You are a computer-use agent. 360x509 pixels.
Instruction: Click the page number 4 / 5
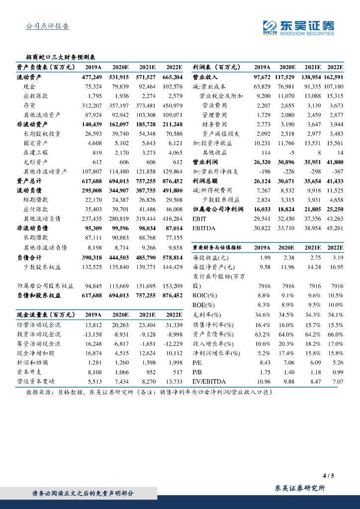(328, 476)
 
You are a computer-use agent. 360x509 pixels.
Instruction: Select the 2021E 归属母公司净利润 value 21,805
(310, 209)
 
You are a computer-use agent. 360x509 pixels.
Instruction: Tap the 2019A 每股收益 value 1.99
(265, 257)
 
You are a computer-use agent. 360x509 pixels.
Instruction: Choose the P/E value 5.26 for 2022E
(338, 362)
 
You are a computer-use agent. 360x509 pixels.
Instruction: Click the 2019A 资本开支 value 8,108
(93, 371)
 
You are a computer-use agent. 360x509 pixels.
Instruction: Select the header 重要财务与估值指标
(217, 247)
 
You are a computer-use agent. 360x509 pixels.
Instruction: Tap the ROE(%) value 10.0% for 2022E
(336, 305)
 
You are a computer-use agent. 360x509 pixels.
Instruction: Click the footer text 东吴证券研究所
(300, 489)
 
